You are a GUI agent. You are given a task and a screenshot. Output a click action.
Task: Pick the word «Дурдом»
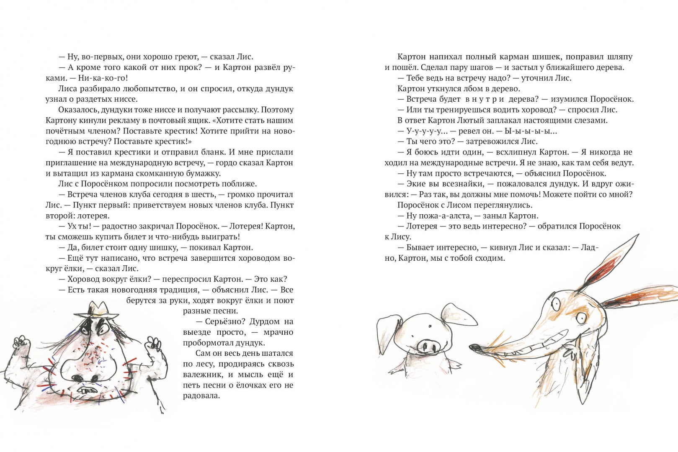pyautogui.click(x=265, y=322)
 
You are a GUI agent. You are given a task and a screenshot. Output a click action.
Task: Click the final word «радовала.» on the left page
pyautogui.click(x=201, y=396)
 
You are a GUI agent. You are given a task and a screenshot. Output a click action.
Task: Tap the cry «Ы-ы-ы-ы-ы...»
pyautogui.click(x=532, y=131)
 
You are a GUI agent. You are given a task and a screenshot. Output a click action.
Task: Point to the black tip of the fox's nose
pyautogui.click(x=474, y=347)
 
